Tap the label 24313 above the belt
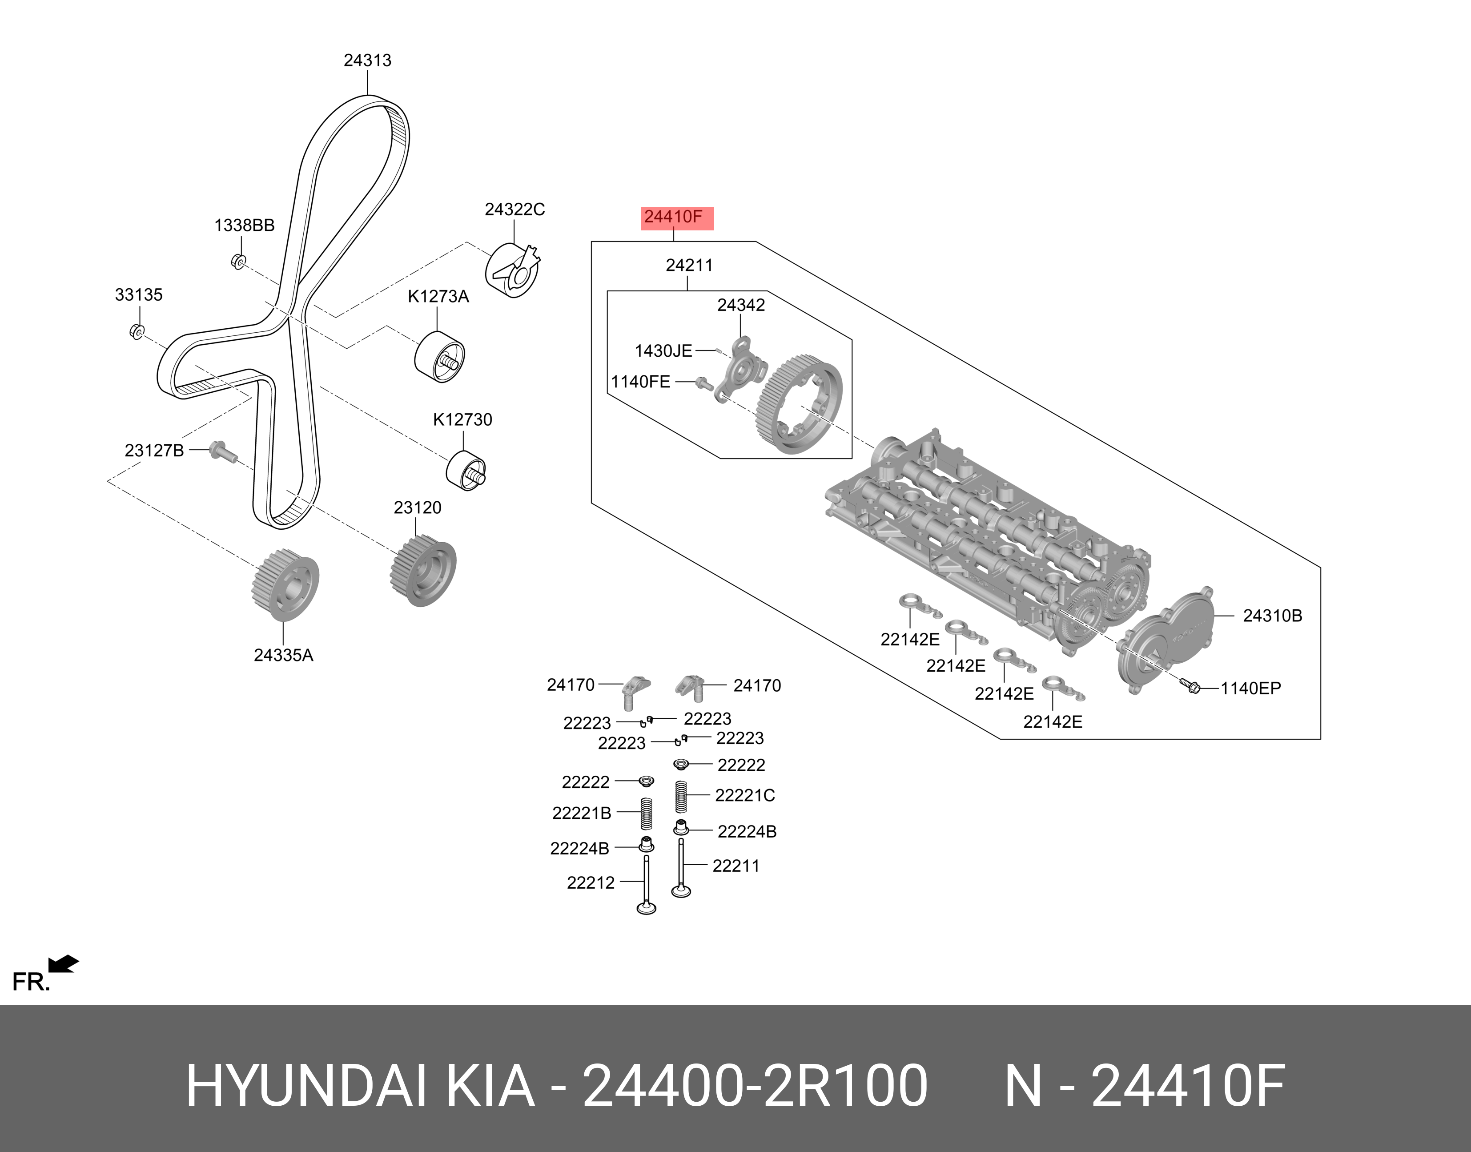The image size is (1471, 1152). (x=367, y=60)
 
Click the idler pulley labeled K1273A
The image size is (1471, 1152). (x=439, y=358)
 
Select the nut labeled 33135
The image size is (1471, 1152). (x=136, y=332)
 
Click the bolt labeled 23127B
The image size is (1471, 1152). (x=221, y=450)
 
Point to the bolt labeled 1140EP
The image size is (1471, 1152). (x=1190, y=687)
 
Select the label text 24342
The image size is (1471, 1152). (x=741, y=306)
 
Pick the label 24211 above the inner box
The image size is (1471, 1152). (x=689, y=266)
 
